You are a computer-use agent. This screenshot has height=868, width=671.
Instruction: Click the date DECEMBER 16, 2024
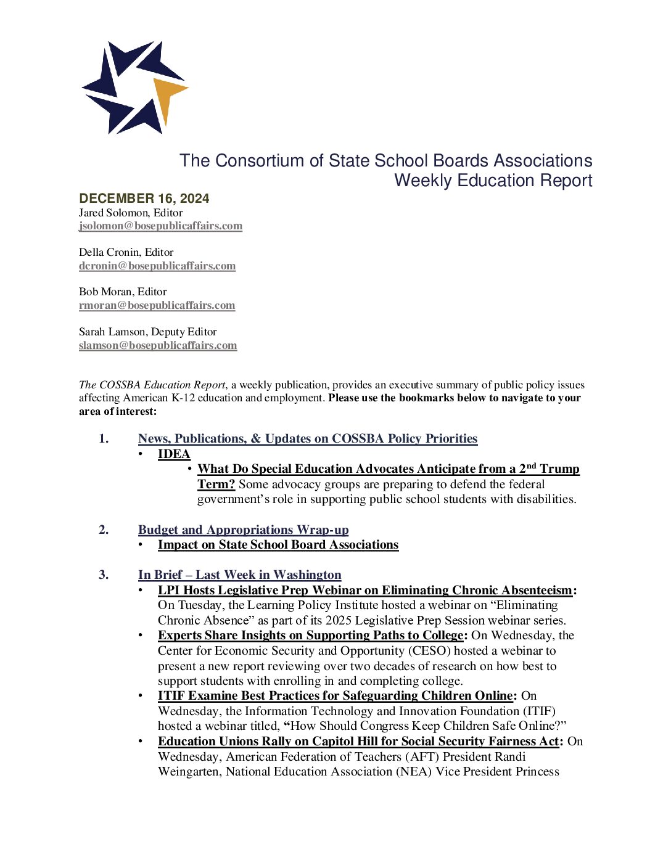[x=144, y=198]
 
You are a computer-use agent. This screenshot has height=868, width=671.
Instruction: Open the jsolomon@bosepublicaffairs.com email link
[x=160, y=226]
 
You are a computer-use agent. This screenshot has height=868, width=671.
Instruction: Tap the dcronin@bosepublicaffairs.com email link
[x=157, y=266]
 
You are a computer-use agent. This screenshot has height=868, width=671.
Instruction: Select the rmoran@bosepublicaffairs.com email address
[x=157, y=305]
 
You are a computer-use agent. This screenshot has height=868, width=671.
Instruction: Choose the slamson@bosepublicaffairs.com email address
[x=158, y=345]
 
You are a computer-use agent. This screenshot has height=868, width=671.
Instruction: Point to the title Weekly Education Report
[x=493, y=181]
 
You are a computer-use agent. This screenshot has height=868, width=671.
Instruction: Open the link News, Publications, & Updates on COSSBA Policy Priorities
[x=308, y=438]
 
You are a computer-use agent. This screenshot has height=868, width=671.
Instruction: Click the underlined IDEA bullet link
[x=174, y=454]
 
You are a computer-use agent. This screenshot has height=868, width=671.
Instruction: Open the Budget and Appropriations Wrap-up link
[x=243, y=530]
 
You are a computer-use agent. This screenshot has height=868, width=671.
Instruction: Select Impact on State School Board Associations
[x=278, y=544]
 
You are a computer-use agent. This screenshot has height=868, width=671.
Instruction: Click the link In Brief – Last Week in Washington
[x=239, y=575]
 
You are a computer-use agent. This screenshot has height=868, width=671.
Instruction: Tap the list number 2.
[x=104, y=530]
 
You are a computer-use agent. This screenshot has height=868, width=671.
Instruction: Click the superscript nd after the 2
[x=531, y=466]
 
